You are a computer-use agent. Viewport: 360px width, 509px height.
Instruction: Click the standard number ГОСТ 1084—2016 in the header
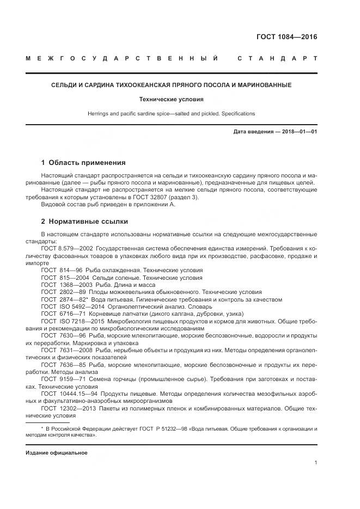pos(287,38)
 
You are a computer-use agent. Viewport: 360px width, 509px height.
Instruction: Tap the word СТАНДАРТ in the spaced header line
pos(277,58)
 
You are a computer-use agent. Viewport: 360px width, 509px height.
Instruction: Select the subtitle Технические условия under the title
pos(171,100)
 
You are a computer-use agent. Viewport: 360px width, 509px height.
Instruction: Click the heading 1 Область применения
pos(83,162)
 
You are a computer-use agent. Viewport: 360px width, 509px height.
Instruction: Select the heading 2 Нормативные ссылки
pos(84,222)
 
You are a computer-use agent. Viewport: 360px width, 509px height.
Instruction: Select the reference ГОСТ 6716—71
pos(62,314)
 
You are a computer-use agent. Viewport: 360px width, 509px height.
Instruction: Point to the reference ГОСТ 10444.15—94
pos(68,393)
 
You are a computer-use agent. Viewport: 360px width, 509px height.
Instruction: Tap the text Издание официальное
pos(57,453)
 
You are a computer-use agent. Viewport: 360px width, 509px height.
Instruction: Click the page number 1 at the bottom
pos(315,462)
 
